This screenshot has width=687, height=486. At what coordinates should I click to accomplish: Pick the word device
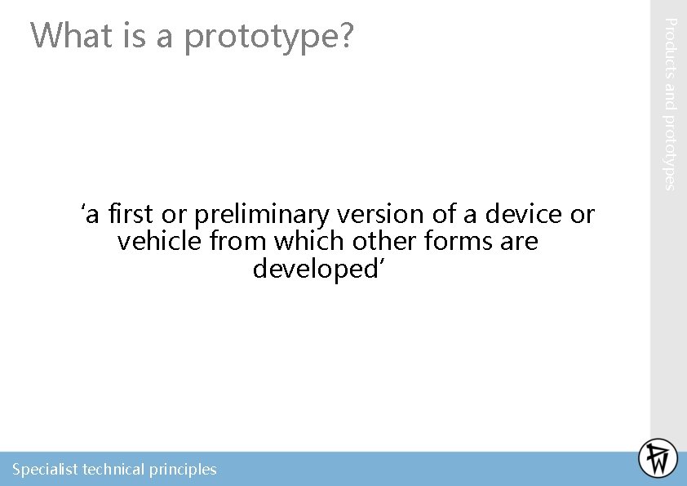click(524, 215)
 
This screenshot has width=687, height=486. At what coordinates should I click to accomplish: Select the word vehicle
click(160, 242)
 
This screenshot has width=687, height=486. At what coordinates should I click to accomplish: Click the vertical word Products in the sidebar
click(668, 50)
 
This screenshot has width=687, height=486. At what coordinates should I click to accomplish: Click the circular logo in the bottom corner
click(658, 458)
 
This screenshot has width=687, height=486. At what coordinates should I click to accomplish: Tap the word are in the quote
click(521, 242)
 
